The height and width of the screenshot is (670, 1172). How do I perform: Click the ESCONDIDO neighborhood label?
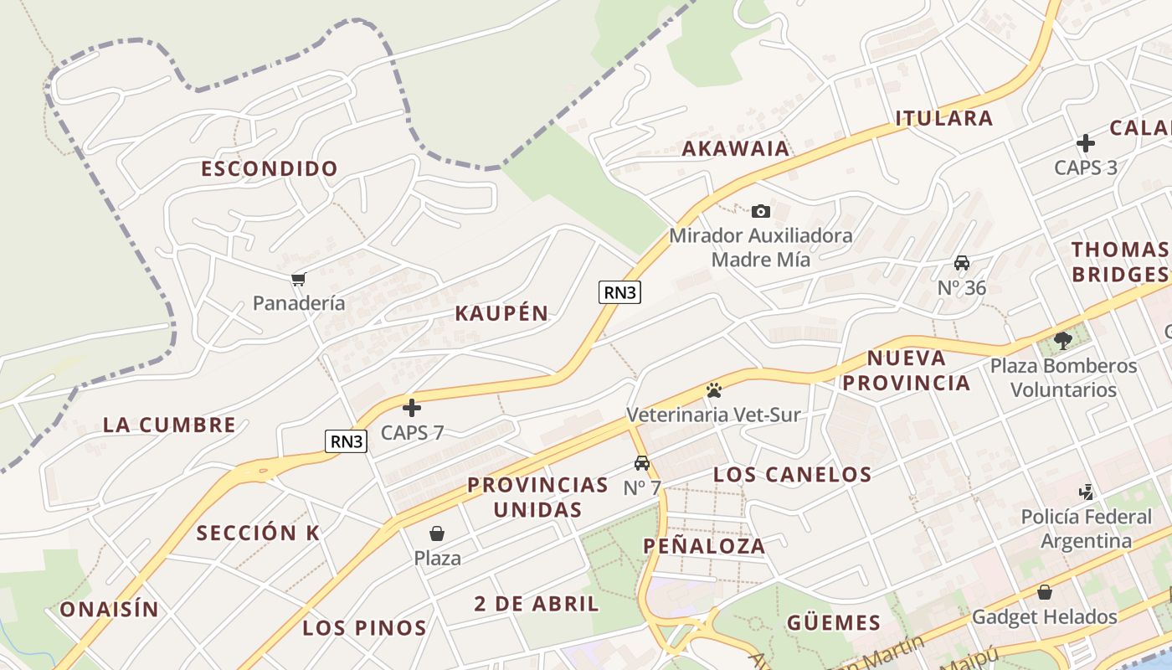point(270,168)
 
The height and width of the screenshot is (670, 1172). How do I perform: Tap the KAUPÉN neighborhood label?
point(501,314)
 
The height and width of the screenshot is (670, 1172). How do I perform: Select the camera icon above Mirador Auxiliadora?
point(760,211)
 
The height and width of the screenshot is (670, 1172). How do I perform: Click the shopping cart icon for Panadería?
point(298,279)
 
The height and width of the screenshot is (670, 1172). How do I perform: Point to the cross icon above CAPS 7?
point(411,408)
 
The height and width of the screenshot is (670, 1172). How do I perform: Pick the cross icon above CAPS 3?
point(1085,142)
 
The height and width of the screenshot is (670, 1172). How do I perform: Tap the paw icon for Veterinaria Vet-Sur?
point(713,389)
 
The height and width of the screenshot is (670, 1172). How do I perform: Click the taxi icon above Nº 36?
point(962,263)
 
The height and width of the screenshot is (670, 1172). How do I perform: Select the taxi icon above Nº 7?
point(642,462)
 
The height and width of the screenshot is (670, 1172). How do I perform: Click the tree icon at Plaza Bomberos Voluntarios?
point(1063,341)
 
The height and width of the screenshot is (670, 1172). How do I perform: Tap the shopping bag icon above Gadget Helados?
point(1044,592)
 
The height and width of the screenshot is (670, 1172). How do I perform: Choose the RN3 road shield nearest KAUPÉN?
point(620,292)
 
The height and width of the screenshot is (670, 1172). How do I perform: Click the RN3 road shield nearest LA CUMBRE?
point(347,441)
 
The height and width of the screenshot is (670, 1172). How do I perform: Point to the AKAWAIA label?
point(736,149)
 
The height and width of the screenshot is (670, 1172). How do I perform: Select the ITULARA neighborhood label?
point(944,118)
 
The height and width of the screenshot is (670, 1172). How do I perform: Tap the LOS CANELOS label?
point(792,475)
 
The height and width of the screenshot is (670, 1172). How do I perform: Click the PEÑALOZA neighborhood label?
point(704,547)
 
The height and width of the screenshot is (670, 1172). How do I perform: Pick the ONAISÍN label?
point(109,610)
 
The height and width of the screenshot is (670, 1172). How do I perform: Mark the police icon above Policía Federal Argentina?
point(1086,492)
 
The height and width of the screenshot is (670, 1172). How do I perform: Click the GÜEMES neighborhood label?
point(834,623)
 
